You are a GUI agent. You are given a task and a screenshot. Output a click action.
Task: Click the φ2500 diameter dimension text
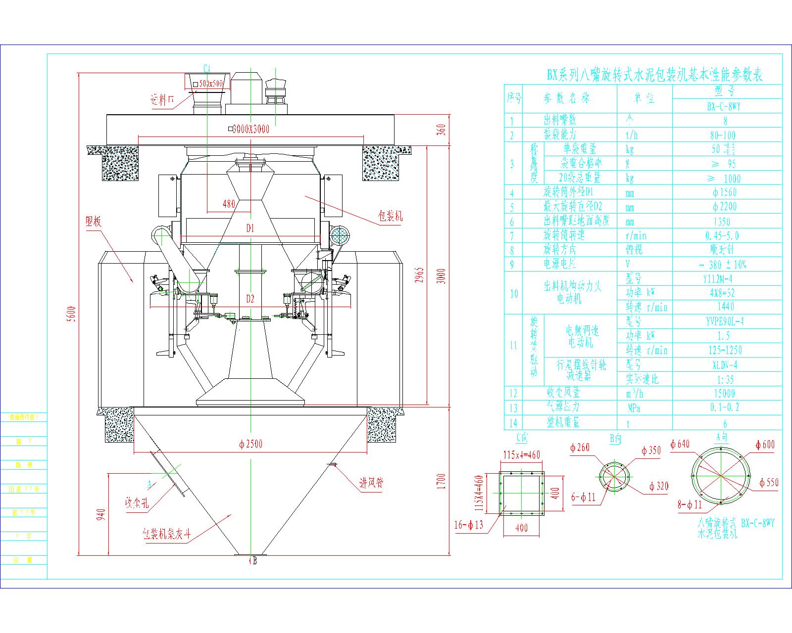(x=250, y=444)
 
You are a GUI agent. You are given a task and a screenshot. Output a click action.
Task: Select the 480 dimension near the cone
(x=229, y=204)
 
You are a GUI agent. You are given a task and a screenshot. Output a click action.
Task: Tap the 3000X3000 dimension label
(x=251, y=129)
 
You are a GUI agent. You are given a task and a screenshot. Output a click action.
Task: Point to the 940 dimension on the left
(x=101, y=514)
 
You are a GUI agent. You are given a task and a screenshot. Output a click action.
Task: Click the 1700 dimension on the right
(x=442, y=481)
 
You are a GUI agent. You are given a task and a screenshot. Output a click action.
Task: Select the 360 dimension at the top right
(x=442, y=129)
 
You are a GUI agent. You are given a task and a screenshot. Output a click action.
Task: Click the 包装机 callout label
(x=390, y=216)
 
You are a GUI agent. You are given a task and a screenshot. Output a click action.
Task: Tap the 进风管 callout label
(x=371, y=482)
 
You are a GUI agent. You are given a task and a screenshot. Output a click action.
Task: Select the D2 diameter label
(x=250, y=299)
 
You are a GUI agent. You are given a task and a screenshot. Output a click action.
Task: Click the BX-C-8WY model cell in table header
(x=724, y=106)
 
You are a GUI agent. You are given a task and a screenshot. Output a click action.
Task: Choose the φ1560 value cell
(x=724, y=193)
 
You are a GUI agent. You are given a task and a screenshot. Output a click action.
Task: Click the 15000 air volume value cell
(x=724, y=394)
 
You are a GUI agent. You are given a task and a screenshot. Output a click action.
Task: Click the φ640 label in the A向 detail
(x=680, y=444)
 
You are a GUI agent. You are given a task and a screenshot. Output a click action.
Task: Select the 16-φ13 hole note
(x=468, y=525)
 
